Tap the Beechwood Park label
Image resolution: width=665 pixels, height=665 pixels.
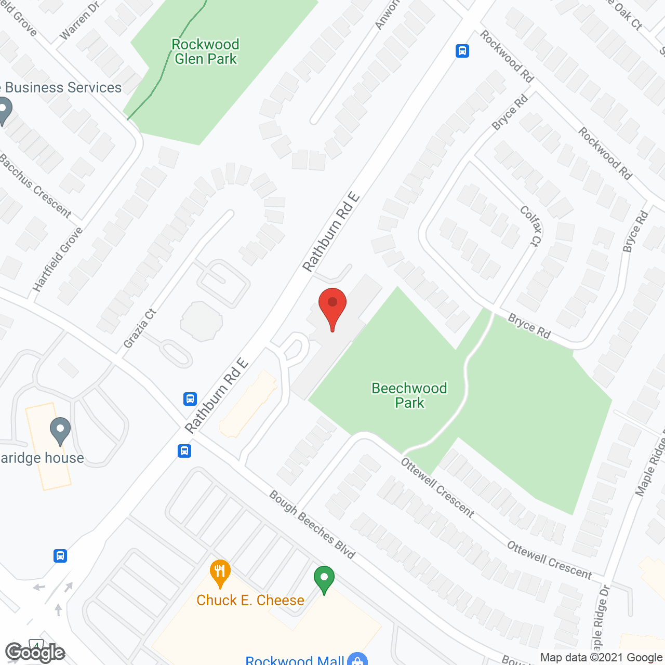point(409,395)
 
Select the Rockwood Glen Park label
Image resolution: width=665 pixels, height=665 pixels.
point(206,51)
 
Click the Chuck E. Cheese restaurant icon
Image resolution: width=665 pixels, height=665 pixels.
point(220,573)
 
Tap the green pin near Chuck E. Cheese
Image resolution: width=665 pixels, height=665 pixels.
point(324,579)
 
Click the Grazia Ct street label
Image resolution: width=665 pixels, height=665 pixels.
point(140,328)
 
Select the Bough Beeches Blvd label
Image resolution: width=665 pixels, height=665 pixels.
point(312,525)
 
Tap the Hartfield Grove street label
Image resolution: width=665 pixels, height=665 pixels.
point(58,259)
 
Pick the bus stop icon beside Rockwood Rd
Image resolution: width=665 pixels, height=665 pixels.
point(462,51)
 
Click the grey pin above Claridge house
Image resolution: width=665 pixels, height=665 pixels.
point(60,431)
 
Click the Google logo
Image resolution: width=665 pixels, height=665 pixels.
point(35,653)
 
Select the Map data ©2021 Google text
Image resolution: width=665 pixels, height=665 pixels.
point(601,657)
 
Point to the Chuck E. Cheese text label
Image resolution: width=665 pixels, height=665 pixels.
point(250,600)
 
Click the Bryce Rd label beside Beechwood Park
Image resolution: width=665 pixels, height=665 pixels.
point(529,326)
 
